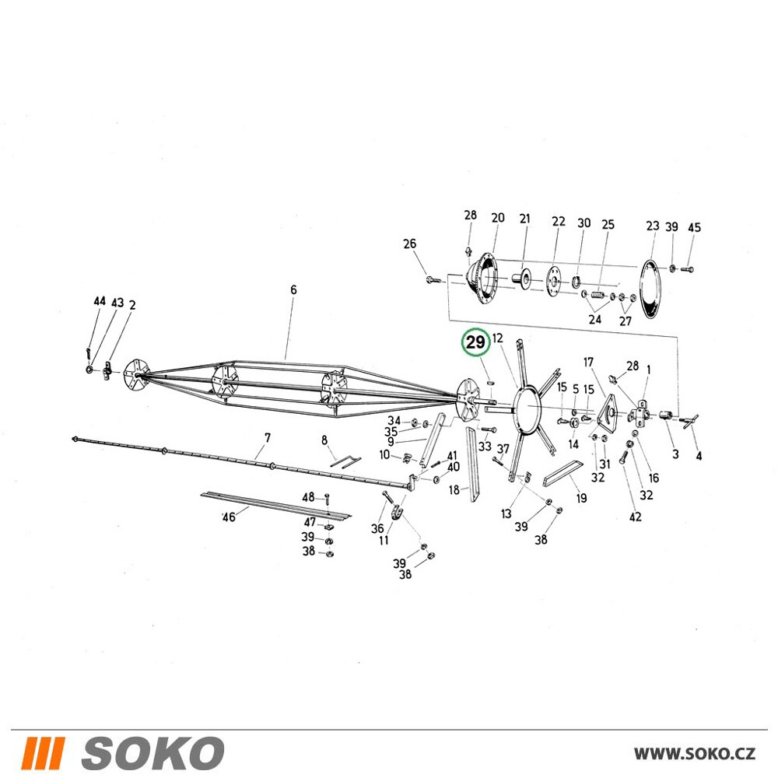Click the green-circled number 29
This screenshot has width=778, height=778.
(476, 342)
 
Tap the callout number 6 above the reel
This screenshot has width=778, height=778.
(294, 289)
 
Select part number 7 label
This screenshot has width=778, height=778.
(268, 437)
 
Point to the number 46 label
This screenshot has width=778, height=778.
(229, 517)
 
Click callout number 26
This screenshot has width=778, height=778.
(410, 244)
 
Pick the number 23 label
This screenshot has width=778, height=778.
(653, 226)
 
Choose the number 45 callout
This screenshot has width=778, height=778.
(694, 227)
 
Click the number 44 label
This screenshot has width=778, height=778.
(100, 301)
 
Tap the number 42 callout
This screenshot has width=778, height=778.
(635, 517)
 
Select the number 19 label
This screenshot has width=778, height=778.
(581, 498)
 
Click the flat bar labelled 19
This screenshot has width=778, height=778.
(562, 475)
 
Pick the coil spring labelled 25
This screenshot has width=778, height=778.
(598, 296)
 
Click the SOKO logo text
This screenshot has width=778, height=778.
(152, 753)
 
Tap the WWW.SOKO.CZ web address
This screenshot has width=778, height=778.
(695, 754)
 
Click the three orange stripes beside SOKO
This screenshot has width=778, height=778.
(43, 753)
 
